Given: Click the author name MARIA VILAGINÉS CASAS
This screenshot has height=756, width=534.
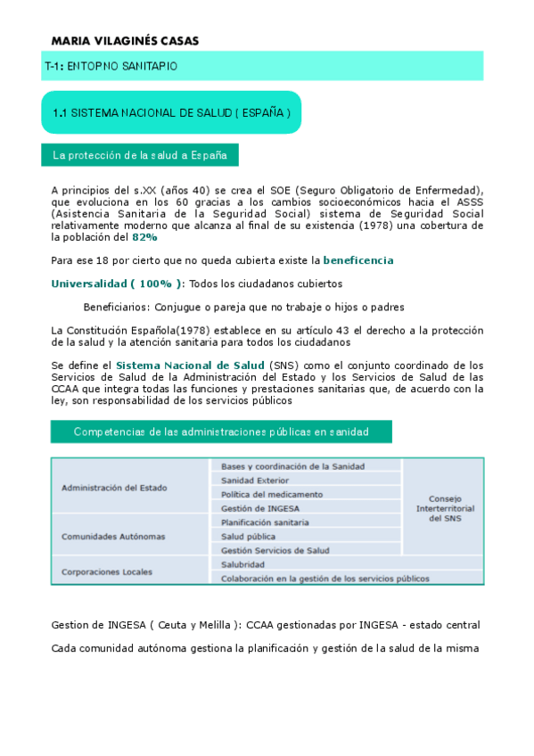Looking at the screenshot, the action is click(x=125, y=41).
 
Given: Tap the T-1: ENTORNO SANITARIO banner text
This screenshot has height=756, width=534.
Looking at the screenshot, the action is click(x=111, y=66).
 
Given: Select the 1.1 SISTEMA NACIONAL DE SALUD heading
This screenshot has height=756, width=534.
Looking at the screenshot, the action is click(x=171, y=113).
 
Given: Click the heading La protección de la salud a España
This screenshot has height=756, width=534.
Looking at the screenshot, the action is click(x=140, y=155).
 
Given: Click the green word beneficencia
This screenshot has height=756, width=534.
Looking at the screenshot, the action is click(x=357, y=261).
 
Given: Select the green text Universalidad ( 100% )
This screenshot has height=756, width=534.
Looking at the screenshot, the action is click(x=118, y=284).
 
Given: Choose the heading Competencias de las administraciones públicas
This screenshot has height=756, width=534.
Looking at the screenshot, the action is click(x=220, y=431).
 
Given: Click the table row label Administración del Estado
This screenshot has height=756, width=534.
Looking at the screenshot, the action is click(x=114, y=488).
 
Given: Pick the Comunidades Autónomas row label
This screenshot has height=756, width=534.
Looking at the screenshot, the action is click(x=113, y=537).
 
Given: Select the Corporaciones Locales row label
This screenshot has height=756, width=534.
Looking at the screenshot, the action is click(x=107, y=571).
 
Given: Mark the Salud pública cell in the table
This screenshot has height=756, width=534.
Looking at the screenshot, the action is click(x=249, y=537).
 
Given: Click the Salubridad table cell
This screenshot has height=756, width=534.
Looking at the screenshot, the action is click(x=243, y=564).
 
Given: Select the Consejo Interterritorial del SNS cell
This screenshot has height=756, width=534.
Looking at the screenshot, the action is click(x=445, y=509).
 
